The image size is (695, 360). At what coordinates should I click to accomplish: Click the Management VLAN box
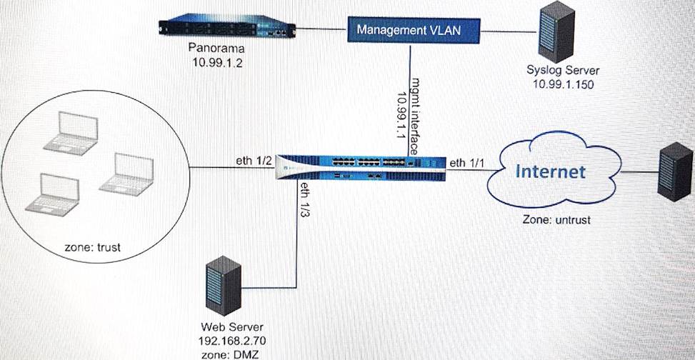[408, 30]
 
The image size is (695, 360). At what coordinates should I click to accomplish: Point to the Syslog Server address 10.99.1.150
[563, 84]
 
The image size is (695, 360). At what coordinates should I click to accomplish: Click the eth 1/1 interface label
[466, 164]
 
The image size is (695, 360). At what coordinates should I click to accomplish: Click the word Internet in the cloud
[550, 171]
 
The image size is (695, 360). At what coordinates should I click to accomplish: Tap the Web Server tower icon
[221, 284]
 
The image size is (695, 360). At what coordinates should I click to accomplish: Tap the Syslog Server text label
[563, 71]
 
